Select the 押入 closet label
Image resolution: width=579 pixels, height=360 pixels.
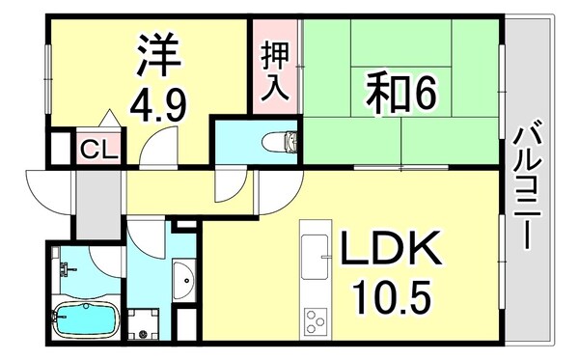273,73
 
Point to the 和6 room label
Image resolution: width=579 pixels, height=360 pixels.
401,93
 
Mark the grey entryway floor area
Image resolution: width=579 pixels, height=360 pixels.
94,202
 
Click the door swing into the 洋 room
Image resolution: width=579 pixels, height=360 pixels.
154,151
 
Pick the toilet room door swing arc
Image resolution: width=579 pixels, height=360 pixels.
232,183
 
